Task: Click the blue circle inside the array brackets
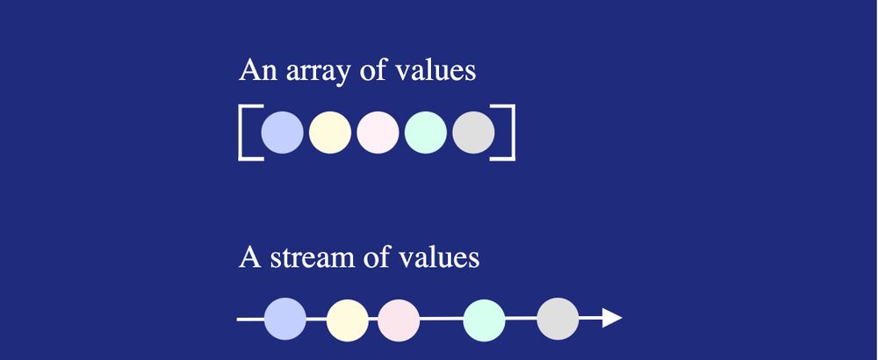282,133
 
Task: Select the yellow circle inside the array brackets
330,133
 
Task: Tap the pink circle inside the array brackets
378,133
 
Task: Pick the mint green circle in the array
426,133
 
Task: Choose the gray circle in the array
473,133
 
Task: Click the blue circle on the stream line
285,319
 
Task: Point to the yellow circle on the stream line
347,320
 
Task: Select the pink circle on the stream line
399,320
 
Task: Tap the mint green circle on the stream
484,320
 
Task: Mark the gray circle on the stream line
558,319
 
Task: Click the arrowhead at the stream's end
612,318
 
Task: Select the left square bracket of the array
241,133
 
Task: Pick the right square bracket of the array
513,133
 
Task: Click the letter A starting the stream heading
249,257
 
